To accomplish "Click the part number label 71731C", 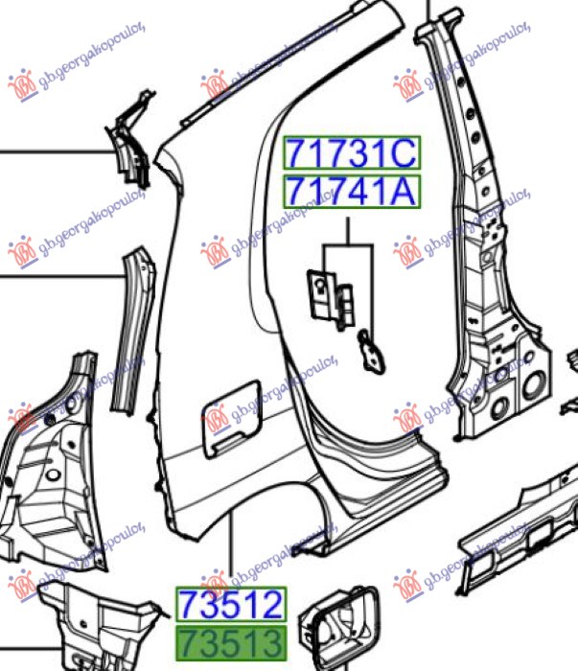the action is pyautogui.click(x=352, y=152).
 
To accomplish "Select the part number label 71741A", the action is pyautogui.click(x=352, y=192).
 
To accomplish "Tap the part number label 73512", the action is pyautogui.click(x=231, y=604).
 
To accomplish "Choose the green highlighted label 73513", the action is pyautogui.click(x=231, y=643).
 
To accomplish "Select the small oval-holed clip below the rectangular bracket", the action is pyautogui.click(x=371, y=351).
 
